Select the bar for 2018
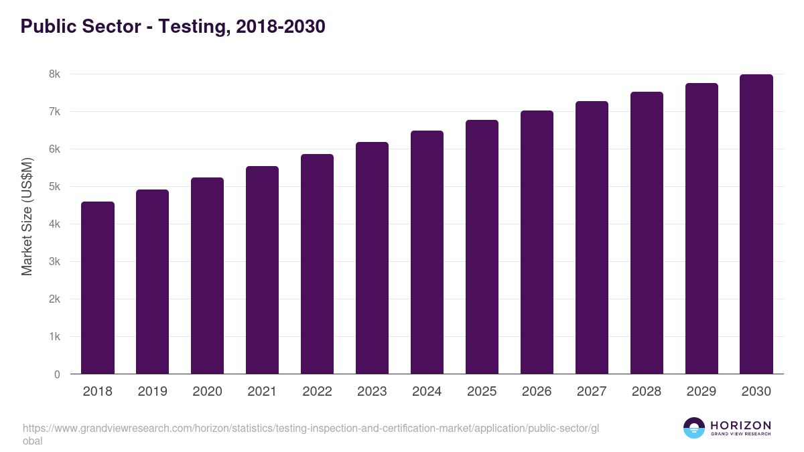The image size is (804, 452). tap(98, 288)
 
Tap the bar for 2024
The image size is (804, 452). tap(427, 252)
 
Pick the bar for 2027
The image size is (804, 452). tap(592, 238)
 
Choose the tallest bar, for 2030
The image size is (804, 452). tap(756, 224)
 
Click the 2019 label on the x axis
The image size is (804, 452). tap(152, 392)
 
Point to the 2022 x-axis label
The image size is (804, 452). tap(317, 392)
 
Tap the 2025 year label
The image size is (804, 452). tap(482, 392)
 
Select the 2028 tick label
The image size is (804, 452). tap(647, 392)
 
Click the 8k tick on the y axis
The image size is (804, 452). tap(54, 74)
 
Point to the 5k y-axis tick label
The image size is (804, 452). tap(54, 187)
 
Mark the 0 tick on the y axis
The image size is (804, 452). tap(57, 374)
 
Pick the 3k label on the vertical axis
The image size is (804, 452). tap(54, 262)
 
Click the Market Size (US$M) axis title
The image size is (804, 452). tap(27, 216)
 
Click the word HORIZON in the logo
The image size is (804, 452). tap(740, 425)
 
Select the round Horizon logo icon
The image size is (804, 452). tap(694, 428)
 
